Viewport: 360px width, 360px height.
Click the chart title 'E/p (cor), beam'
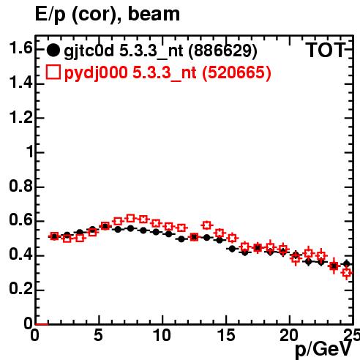108,15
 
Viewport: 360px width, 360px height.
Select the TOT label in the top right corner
326,50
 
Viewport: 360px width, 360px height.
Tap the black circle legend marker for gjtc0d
53,50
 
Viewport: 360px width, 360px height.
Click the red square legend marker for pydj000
53,72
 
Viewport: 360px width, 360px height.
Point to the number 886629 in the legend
223,50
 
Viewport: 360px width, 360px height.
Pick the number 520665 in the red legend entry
237,72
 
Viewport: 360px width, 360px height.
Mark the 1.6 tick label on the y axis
20,48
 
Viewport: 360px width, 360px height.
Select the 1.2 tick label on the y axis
20,118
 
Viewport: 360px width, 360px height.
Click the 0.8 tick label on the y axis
20,187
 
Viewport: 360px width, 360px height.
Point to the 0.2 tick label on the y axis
20,289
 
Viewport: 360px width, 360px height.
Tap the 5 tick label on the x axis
98,335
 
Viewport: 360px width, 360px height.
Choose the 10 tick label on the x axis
162,335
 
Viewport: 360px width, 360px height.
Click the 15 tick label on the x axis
226,335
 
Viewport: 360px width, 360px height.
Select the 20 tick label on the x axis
289,335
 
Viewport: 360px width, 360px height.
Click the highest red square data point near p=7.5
131,218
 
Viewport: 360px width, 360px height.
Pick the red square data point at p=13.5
207,225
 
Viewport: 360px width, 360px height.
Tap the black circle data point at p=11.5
181,239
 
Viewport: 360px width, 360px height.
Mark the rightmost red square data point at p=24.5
347,273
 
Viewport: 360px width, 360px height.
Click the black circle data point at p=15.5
232,249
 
